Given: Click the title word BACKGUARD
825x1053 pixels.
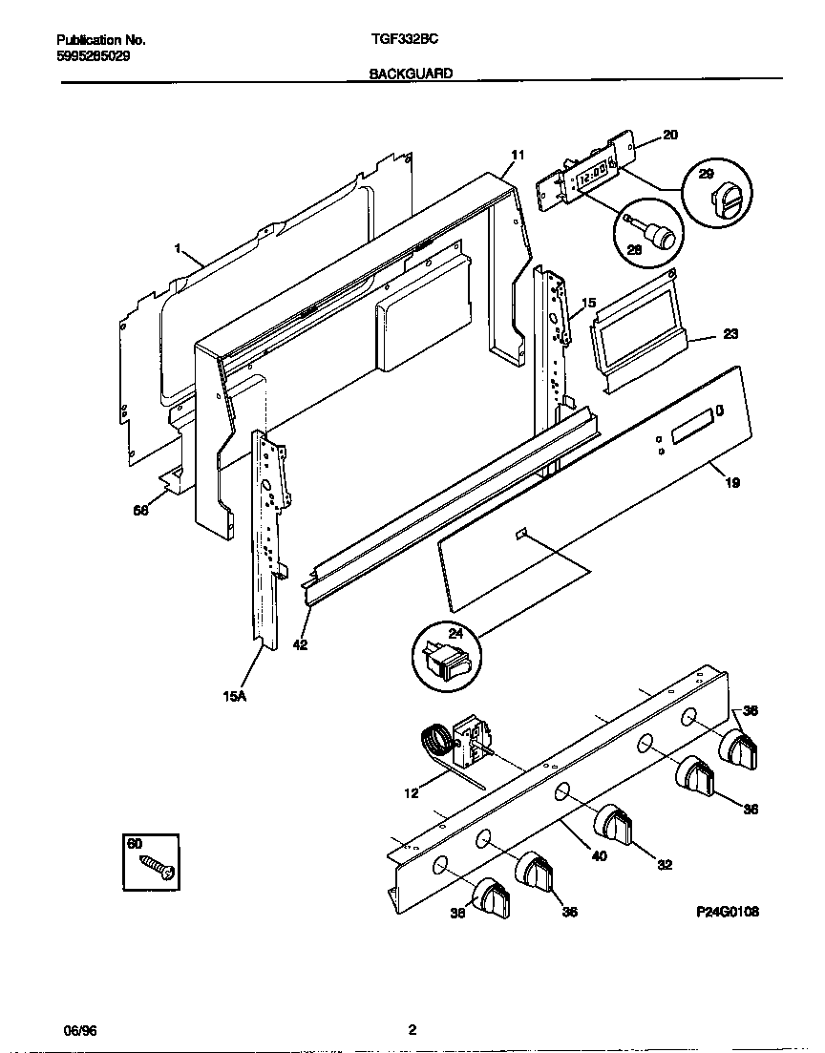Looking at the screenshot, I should point(411,73).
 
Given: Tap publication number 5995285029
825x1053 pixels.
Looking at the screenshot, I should point(94,55).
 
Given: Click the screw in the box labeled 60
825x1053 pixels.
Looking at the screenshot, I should point(158,866).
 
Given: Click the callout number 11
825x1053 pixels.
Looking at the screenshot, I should point(518,155).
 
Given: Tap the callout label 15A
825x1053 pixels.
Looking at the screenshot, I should point(234,697).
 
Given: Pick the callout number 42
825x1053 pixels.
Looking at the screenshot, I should point(300,644).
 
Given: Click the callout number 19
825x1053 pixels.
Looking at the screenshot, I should point(732,483).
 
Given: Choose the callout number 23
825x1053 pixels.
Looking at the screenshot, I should point(730,334).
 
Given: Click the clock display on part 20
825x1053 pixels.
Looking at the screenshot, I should point(594,176).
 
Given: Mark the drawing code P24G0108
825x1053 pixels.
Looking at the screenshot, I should point(727,913).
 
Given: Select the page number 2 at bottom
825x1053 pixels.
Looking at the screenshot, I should point(412,1030).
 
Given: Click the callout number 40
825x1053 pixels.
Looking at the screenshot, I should point(599,855).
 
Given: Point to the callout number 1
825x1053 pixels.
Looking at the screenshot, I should point(178,248).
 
